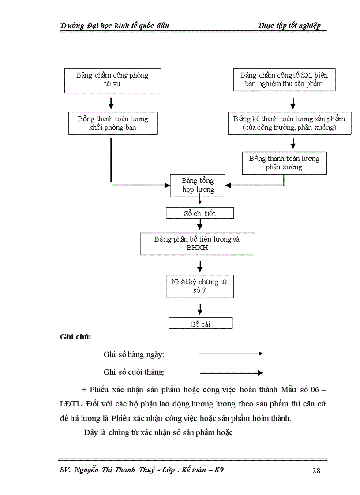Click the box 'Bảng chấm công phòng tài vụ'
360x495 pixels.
coord(112,80)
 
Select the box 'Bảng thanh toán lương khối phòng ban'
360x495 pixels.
coord(112,123)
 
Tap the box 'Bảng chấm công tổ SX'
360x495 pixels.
coord(284,79)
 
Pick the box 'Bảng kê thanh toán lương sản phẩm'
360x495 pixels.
coord(289,123)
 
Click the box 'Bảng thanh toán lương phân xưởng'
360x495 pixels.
coord(284,163)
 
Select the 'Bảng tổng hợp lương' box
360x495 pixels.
coord(198,185)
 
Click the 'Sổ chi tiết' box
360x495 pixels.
coord(199,213)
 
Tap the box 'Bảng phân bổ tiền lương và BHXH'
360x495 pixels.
coord(198,243)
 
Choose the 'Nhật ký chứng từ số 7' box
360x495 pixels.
coord(199,287)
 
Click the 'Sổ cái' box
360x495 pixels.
coord(200,324)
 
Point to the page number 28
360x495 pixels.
coord(316,470)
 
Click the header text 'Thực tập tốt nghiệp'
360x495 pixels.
coord(289,26)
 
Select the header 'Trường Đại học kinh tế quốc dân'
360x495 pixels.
coord(114,26)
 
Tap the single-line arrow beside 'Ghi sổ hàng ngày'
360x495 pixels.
coord(231,354)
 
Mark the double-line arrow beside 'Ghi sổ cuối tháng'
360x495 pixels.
coord(231,372)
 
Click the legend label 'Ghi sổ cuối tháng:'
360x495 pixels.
coord(134,372)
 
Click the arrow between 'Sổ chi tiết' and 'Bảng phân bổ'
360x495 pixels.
coord(200,225)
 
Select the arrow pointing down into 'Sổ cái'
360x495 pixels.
coord(200,309)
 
